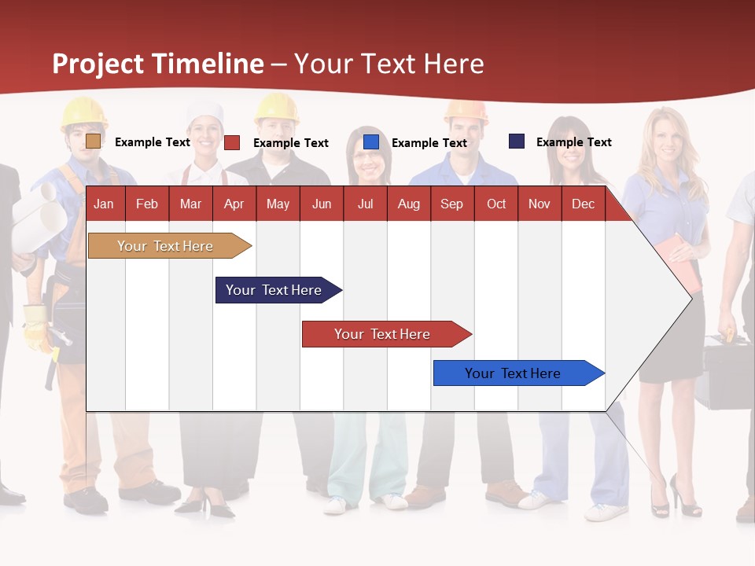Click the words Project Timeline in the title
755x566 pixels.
157,64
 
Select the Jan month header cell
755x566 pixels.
104,204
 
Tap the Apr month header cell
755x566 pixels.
234,204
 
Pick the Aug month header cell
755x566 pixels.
408,204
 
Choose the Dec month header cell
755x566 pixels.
583,204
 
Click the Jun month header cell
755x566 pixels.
322,204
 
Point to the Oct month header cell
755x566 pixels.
496,204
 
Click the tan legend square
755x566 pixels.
93,141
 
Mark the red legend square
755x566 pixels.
232,142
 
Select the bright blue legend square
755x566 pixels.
371,142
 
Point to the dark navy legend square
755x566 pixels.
517,141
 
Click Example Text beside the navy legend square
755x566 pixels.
573,142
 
